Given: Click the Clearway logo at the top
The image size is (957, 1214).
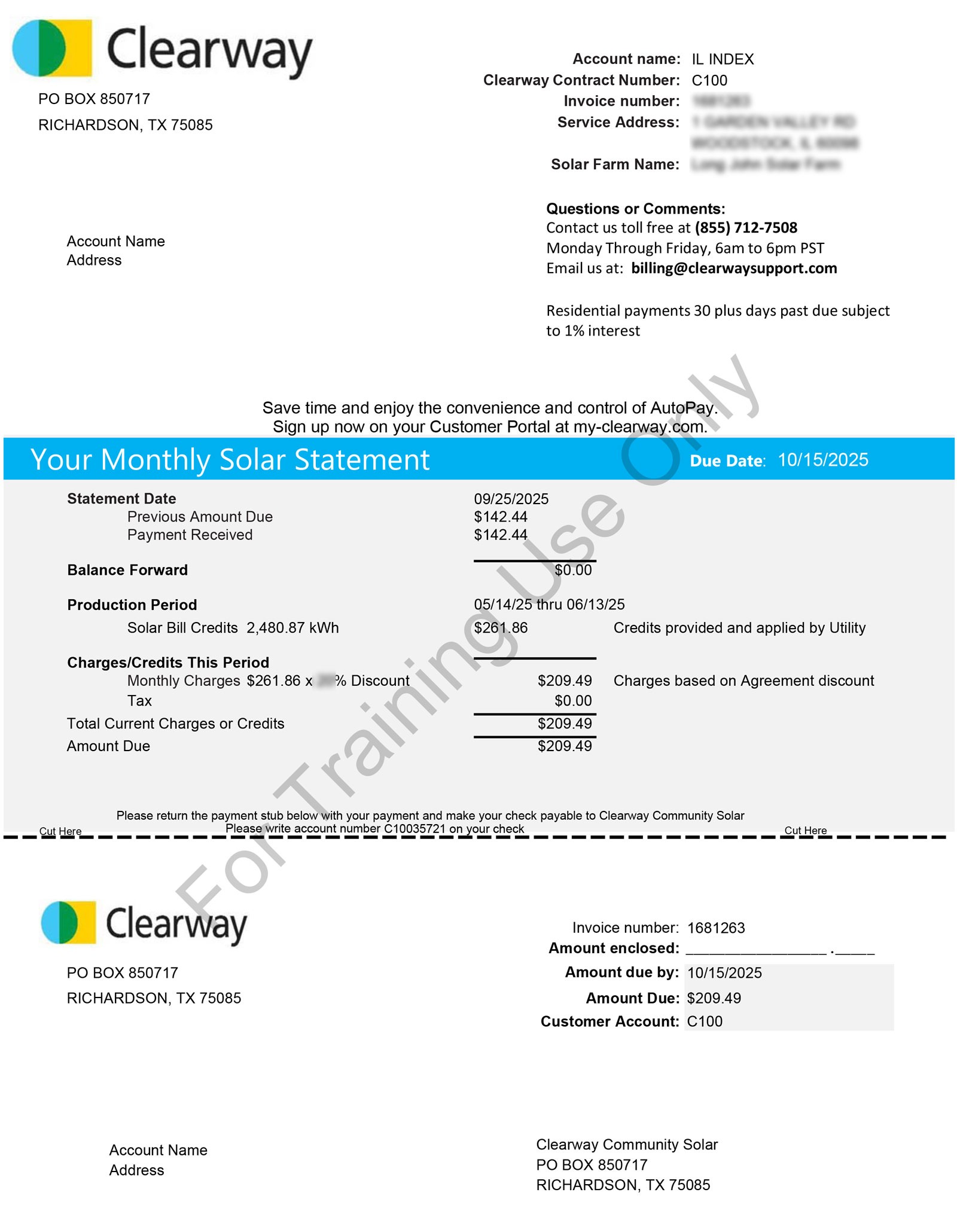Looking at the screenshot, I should coord(161,49).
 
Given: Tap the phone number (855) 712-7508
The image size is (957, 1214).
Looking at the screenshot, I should coord(745,228).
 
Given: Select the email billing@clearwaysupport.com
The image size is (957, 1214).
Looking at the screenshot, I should coord(733,269).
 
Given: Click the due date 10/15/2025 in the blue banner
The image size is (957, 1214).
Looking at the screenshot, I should coord(822,460).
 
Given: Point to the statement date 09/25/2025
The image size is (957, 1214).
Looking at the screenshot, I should coord(511,499).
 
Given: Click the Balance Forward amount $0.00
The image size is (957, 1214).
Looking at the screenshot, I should coord(572,570).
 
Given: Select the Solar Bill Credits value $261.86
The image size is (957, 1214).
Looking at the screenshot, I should coord(501,628).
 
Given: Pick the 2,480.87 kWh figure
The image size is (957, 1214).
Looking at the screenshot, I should coord(292,628).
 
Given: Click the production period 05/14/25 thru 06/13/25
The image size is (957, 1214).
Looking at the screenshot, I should coord(549,605).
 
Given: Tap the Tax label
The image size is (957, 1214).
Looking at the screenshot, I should coord(139,701).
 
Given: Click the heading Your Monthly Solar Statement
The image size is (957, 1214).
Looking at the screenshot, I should coord(230,460).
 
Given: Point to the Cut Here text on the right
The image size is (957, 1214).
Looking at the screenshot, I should coord(805,831).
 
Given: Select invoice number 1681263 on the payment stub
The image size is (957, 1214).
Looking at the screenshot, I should coord(715,928).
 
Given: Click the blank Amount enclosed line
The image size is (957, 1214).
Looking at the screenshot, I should coord(779,950).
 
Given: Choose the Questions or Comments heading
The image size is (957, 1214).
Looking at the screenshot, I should coord(635,209).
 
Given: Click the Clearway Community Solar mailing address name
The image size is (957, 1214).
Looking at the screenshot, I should coord(626,1145).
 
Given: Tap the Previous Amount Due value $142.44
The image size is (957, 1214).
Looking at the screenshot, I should coord(501,517).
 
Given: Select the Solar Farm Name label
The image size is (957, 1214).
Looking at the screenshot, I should coord(615,164).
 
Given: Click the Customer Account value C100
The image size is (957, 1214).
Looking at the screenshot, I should coord(704,1021).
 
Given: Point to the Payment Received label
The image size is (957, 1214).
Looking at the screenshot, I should coord(190,535).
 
